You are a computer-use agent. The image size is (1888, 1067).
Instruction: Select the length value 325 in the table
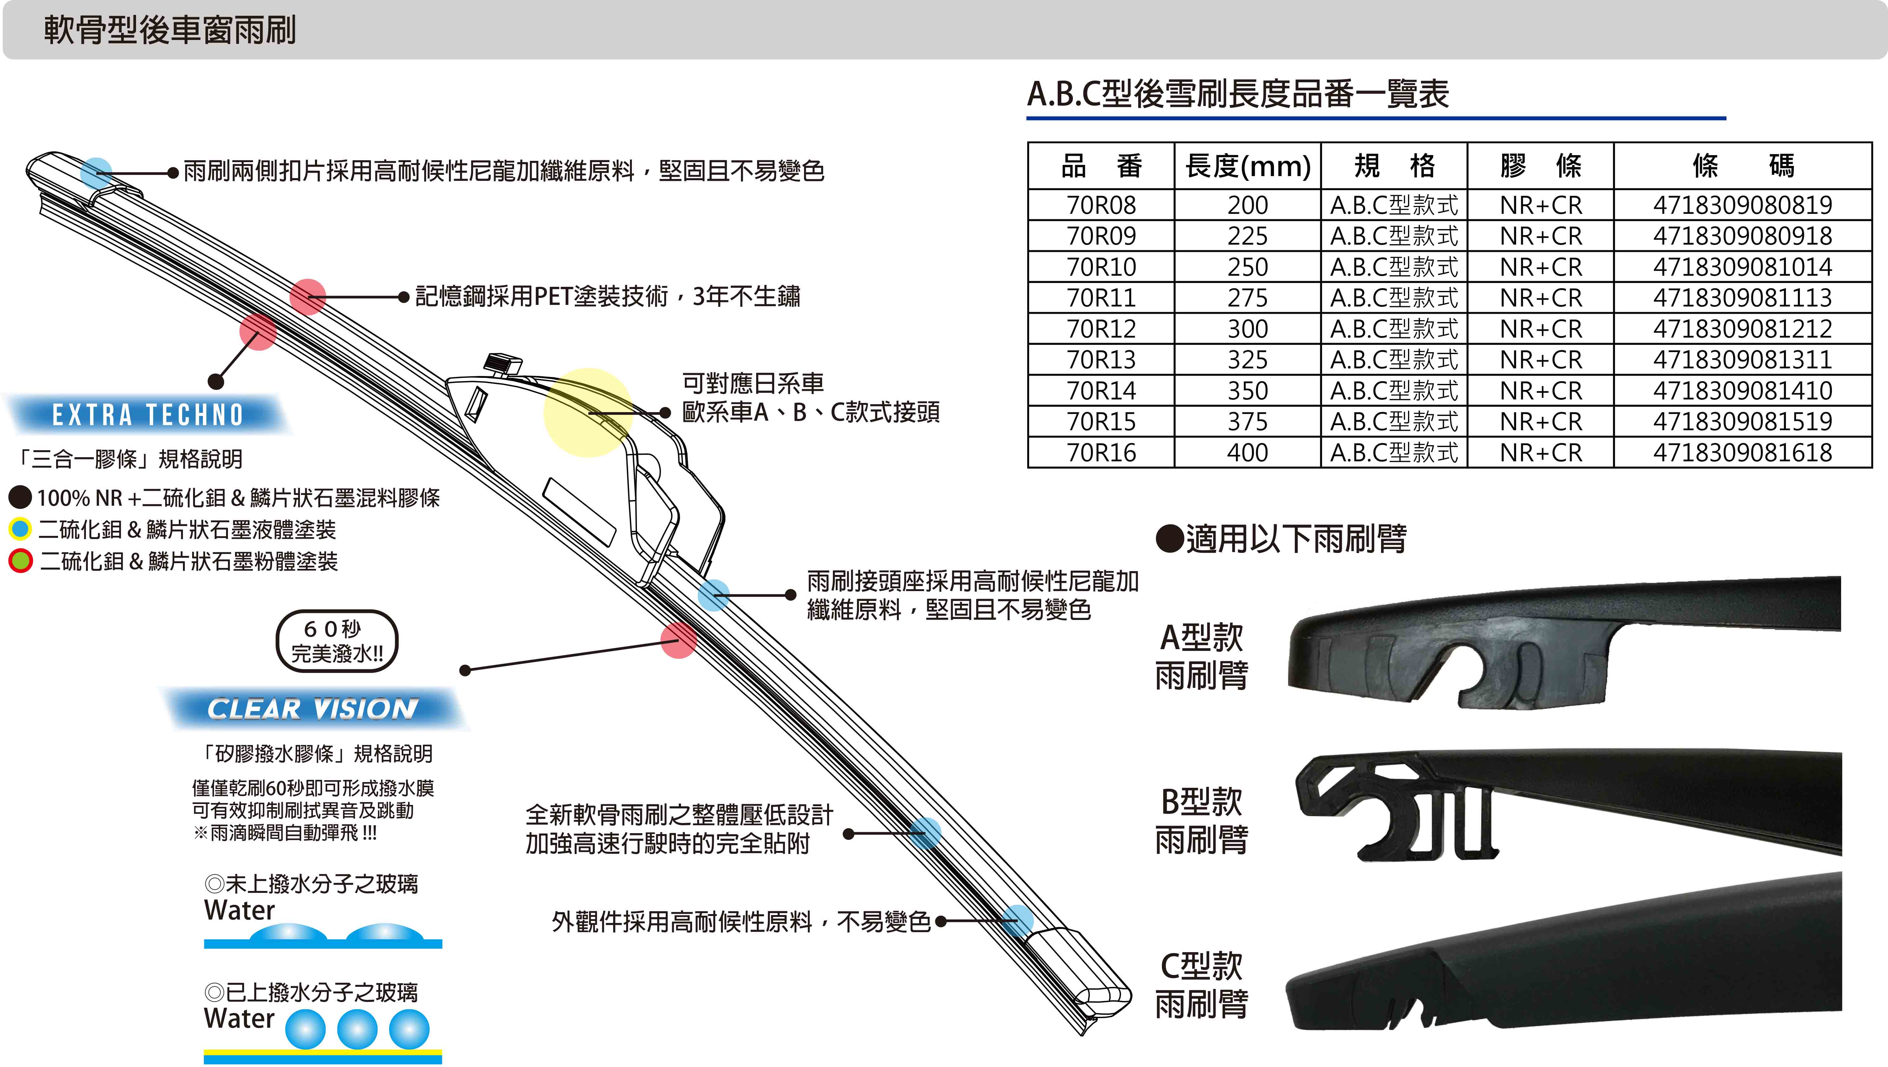(1248, 359)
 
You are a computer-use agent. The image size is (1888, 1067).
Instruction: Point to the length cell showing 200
(1248, 205)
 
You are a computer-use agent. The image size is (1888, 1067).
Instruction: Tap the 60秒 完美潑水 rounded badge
(336, 641)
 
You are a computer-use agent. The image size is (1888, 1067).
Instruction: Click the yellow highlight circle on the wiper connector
(588, 412)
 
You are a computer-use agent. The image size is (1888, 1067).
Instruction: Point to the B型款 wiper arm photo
(1568, 805)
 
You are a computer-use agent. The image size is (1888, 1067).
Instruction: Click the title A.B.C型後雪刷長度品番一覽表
(1238, 94)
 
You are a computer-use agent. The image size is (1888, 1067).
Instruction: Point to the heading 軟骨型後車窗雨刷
(170, 30)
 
